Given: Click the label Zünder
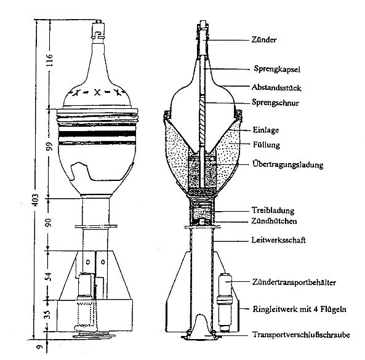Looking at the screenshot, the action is [264, 39].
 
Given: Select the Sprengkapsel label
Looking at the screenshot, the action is [277, 69].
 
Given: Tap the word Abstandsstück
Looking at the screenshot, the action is [276, 87].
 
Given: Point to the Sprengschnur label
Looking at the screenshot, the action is [275, 103].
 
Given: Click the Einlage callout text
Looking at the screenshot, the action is [266, 130].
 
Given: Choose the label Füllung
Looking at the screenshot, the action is [267, 145].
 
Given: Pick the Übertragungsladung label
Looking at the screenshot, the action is [288, 164].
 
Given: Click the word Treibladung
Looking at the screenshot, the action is [273, 210].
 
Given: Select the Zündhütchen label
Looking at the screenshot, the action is [274, 221].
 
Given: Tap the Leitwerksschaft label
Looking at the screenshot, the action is [278, 240].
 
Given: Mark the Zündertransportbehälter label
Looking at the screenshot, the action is [294, 282].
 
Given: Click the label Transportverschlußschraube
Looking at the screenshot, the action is [301, 335].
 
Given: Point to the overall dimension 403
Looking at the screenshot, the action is [34, 200].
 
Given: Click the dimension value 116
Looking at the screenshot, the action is [50, 60].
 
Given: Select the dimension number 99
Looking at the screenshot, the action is [50, 146].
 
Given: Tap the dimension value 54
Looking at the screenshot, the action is [49, 276].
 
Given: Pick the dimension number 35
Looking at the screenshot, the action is [47, 314].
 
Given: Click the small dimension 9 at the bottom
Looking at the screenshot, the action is [40, 346].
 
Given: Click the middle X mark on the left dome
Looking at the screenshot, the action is [97, 92].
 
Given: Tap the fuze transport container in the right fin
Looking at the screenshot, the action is [225, 302].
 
